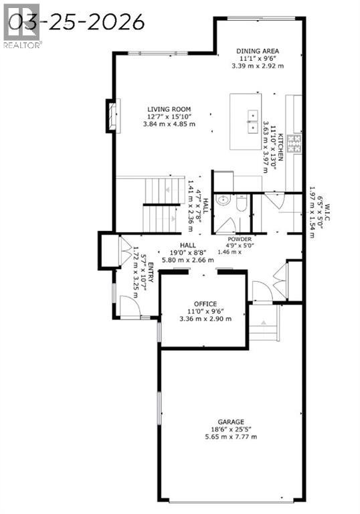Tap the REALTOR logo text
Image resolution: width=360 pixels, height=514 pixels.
click(x=22, y=45)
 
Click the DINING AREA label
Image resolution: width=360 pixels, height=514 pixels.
click(x=257, y=50)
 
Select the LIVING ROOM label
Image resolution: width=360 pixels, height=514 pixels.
click(x=170, y=109)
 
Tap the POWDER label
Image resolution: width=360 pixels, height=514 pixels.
click(x=239, y=239)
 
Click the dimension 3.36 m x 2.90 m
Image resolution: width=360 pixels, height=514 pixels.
click(x=205, y=319)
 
